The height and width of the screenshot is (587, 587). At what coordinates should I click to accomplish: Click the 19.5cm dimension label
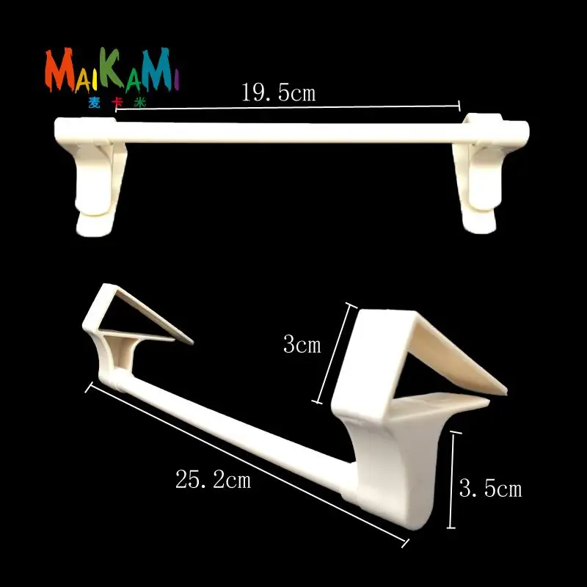point(279,92)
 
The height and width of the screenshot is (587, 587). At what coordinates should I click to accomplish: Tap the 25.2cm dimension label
point(213,479)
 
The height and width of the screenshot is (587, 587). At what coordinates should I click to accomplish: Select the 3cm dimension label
point(302,344)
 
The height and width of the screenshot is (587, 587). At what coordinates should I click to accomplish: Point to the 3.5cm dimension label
point(490,489)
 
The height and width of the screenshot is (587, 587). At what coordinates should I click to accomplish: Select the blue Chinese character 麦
point(94,102)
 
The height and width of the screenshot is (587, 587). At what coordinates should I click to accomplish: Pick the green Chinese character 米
point(139,103)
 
